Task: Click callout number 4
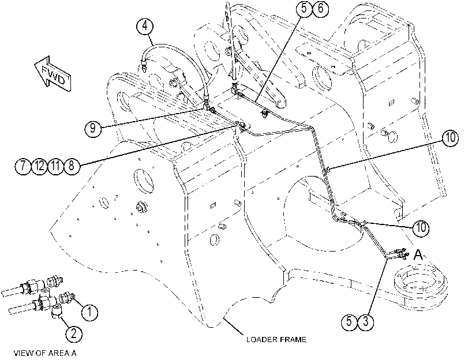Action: tap(145, 26)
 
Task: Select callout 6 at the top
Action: tap(320, 8)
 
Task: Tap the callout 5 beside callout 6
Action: tap(304, 8)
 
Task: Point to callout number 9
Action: tap(93, 128)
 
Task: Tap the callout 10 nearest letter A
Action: tap(421, 228)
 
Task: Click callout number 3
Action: tap(366, 322)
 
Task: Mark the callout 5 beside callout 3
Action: tap(350, 322)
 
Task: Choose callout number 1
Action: tap(89, 312)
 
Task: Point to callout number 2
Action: tap(74, 333)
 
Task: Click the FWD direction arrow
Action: tap(53, 74)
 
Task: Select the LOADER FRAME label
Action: tap(276, 340)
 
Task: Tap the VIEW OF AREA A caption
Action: tap(45, 354)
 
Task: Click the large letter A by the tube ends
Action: tap(418, 254)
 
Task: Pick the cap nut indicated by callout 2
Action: tap(56, 312)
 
